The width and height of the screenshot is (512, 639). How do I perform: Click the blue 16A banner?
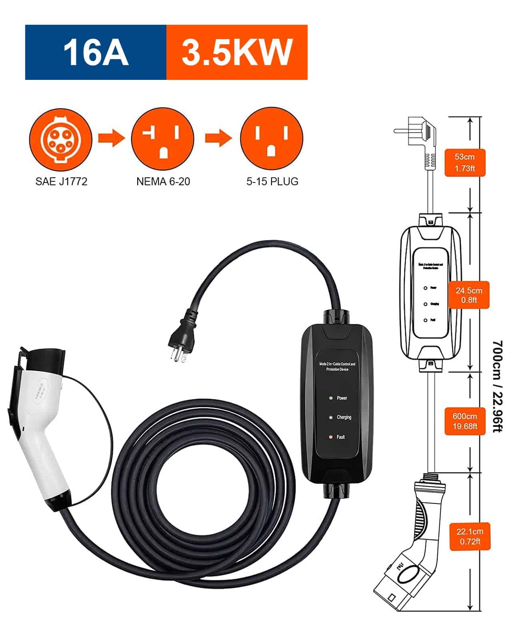coord(96,52)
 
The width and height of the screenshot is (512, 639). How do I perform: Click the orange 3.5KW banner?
coord(237,52)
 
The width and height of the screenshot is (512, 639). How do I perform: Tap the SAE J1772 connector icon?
coord(60,139)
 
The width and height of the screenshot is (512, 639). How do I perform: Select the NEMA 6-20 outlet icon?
coord(163,139)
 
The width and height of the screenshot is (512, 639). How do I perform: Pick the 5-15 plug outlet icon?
coord(272,139)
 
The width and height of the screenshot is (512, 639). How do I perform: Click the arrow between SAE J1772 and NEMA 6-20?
coord(112,138)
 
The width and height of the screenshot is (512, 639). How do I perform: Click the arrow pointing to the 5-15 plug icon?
coord(218,138)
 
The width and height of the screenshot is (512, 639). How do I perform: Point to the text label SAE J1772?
coord(61,182)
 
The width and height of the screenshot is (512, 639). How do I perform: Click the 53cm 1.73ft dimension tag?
coord(465,163)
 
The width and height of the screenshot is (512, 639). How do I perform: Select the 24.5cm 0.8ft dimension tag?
coord(469,295)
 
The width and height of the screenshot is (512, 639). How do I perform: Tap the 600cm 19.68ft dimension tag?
coord(465,421)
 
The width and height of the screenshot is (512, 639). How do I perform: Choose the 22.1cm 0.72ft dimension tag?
coord(470,536)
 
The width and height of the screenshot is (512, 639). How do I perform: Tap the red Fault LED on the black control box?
coord(331,437)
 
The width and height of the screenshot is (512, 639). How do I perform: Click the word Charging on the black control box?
coord(344,417)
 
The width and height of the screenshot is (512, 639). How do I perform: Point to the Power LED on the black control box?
coord(331,398)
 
